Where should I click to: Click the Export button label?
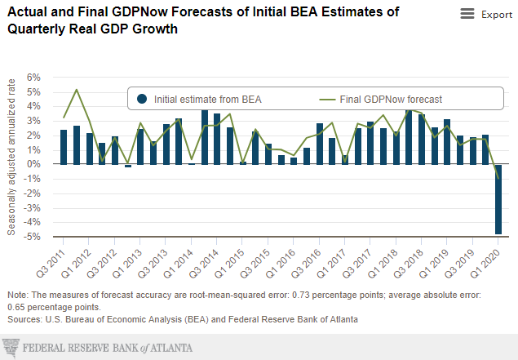pos(497,15)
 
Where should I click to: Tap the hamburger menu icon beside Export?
pos(467,14)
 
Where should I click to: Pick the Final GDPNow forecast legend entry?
pos(379,100)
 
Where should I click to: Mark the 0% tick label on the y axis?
pos(34,165)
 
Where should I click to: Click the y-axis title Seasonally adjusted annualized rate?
pos(12,157)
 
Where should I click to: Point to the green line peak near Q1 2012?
pos(77,90)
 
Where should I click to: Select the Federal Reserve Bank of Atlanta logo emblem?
pos(12,348)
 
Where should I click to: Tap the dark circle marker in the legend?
pos(142,100)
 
